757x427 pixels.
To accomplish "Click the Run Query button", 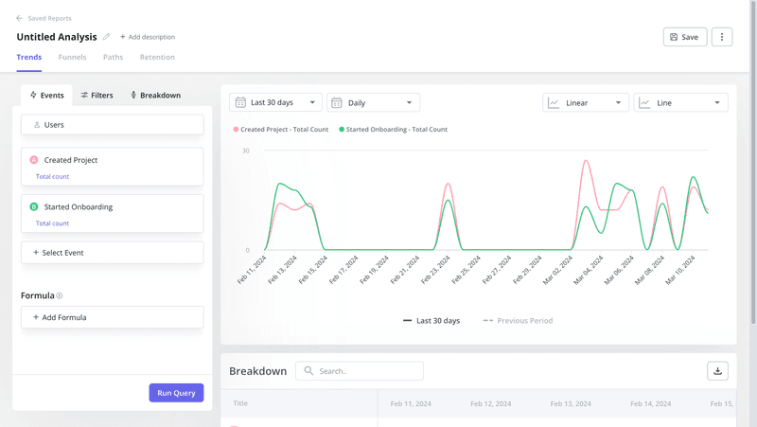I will [x=176, y=393].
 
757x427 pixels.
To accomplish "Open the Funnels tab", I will [x=72, y=57].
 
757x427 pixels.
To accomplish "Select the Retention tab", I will [x=157, y=57].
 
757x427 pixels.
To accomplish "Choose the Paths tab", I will [x=113, y=57].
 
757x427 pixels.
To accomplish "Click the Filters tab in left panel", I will [x=97, y=96].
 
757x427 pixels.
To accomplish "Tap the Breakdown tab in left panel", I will [x=155, y=96].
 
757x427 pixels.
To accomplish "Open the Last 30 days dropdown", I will [x=275, y=102].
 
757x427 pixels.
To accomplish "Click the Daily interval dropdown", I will [x=373, y=102].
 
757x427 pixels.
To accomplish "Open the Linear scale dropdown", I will [x=585, y=102].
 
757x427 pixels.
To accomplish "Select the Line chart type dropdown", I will [x=680, y=102].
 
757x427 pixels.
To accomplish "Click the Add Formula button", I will [x=112, y=317].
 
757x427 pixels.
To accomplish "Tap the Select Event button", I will [x=112, y=253].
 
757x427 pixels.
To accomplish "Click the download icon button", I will [x=717, y=371].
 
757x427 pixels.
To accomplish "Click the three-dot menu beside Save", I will [x=722, y=37].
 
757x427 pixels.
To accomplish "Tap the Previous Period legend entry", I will [x=518, y=321].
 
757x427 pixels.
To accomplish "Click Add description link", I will [x=148, y=37].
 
